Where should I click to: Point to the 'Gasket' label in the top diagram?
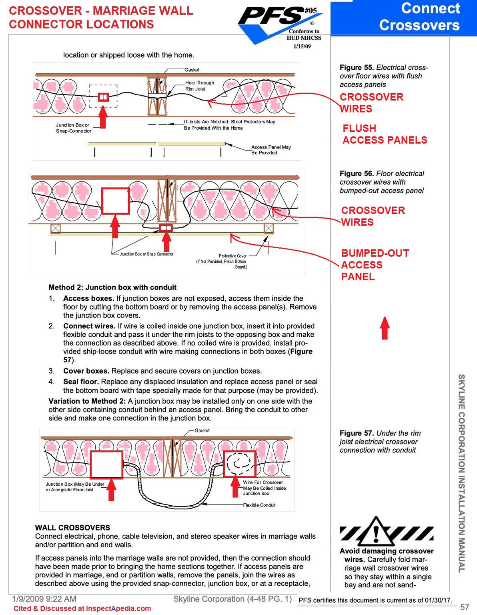(x=192, y=70)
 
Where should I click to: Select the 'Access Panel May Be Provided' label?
(x=271, y=150)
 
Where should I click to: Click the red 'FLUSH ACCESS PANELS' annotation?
(x=385, y=134)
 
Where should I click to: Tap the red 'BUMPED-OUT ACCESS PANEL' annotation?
(x=375, y=265)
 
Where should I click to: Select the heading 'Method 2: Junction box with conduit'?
(x=112, y=287)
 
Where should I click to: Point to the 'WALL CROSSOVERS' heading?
(x=72, y=528)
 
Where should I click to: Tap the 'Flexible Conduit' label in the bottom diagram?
(x=259, y=505)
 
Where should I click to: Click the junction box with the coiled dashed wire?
(x=239, y=464)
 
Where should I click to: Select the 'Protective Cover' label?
(x=232, y=256)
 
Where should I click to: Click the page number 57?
(x=464, y=607)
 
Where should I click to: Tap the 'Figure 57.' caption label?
(x=357, y=433)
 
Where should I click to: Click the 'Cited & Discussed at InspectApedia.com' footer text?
(x=82, y=609)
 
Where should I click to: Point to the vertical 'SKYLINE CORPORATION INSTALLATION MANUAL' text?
(x=461, y=473)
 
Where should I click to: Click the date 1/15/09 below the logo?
(x=302, y=46)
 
